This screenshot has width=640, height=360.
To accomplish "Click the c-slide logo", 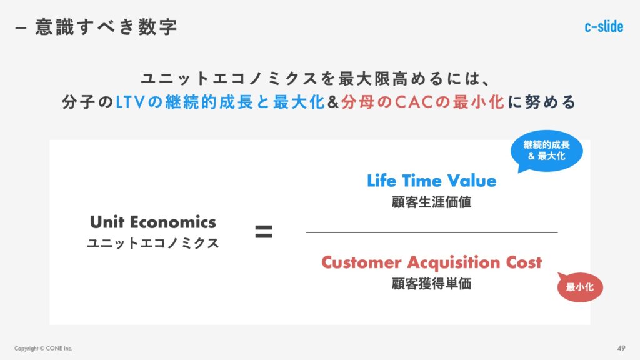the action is point(604,26).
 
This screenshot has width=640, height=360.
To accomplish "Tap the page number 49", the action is point(621,348).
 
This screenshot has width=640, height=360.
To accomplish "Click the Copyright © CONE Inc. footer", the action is point(43,349).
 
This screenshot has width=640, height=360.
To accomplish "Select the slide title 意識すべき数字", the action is point(106,27).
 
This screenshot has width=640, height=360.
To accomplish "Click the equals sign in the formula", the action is point(264,232).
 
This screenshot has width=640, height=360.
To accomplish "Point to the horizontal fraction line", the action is point(432,232).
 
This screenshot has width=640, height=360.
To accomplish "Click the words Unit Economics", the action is point(153,222).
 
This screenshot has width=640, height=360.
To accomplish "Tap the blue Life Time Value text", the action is point(431,181).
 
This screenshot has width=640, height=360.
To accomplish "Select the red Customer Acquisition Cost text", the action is point(431,262).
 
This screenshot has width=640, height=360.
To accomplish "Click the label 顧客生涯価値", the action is point(431,202).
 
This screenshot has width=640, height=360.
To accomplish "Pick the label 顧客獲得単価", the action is point(431,284).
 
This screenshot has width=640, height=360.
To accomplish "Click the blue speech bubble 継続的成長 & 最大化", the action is point(546,151).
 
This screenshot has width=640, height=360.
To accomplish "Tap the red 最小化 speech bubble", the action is point(580,287).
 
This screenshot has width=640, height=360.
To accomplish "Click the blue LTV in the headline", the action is point(130,102).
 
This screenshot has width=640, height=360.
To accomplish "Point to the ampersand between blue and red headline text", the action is point(333,102).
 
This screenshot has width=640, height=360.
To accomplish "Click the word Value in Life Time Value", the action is point(472,181).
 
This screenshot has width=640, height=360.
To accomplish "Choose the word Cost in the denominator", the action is point(524,262).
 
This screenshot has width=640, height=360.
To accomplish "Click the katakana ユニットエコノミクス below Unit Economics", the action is point(153,243).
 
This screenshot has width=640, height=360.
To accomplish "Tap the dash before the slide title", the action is point(21,27).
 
